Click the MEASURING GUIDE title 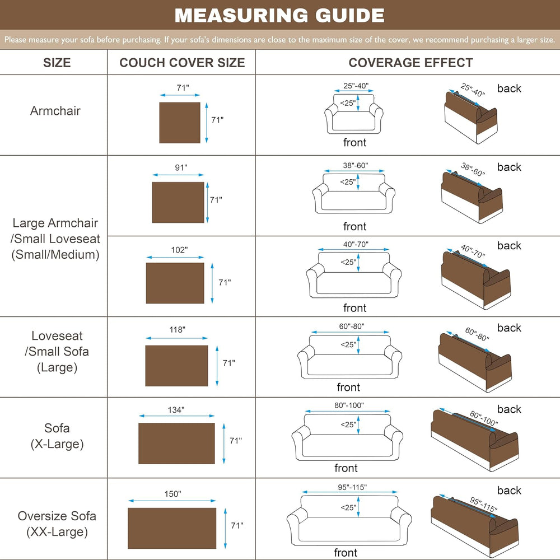click(279, 15)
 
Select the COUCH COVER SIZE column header click(182, 63)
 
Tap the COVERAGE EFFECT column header click(410, 63)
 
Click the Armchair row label click(55, 111)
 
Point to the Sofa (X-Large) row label click(57, 436)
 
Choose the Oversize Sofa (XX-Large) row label click(57, 524)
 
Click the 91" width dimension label click(181, 167)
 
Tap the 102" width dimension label click(179, 250)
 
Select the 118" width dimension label click(177, 329)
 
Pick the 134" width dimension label click(176, 410)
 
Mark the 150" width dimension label click(172, 493)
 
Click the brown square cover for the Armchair click(180, 123)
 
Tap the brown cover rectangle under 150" click(172, 528)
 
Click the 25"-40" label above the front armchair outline click(356, 86)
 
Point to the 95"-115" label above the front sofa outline click(352, 487)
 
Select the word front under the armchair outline click(354, 142)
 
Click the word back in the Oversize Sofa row click(509, 491)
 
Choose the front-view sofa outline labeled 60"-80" click(349, 357)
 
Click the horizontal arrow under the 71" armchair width click(180, 95)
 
